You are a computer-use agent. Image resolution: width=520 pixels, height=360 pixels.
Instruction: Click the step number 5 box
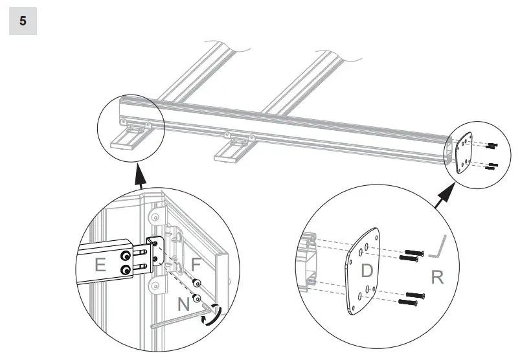coord(23,21)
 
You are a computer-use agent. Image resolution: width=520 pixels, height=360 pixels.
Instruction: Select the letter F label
coord(196,264)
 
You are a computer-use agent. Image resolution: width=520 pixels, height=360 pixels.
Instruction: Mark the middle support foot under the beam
coord(235,150)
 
